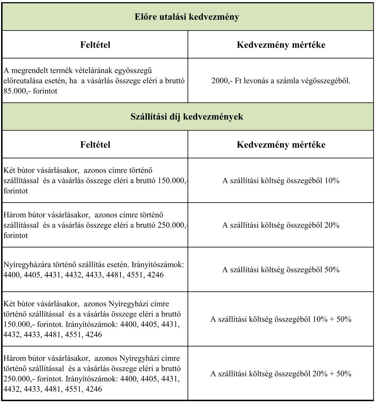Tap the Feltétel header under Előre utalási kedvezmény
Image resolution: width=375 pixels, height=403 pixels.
95,45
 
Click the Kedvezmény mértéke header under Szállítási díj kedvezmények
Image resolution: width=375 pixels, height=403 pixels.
281,145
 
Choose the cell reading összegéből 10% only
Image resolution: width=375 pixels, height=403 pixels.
281,180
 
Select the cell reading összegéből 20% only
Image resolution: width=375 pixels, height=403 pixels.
281,225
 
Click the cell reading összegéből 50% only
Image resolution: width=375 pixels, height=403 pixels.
281,270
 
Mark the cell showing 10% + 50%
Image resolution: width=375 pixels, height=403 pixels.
281,320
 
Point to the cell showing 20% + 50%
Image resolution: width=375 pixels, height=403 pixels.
281,374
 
